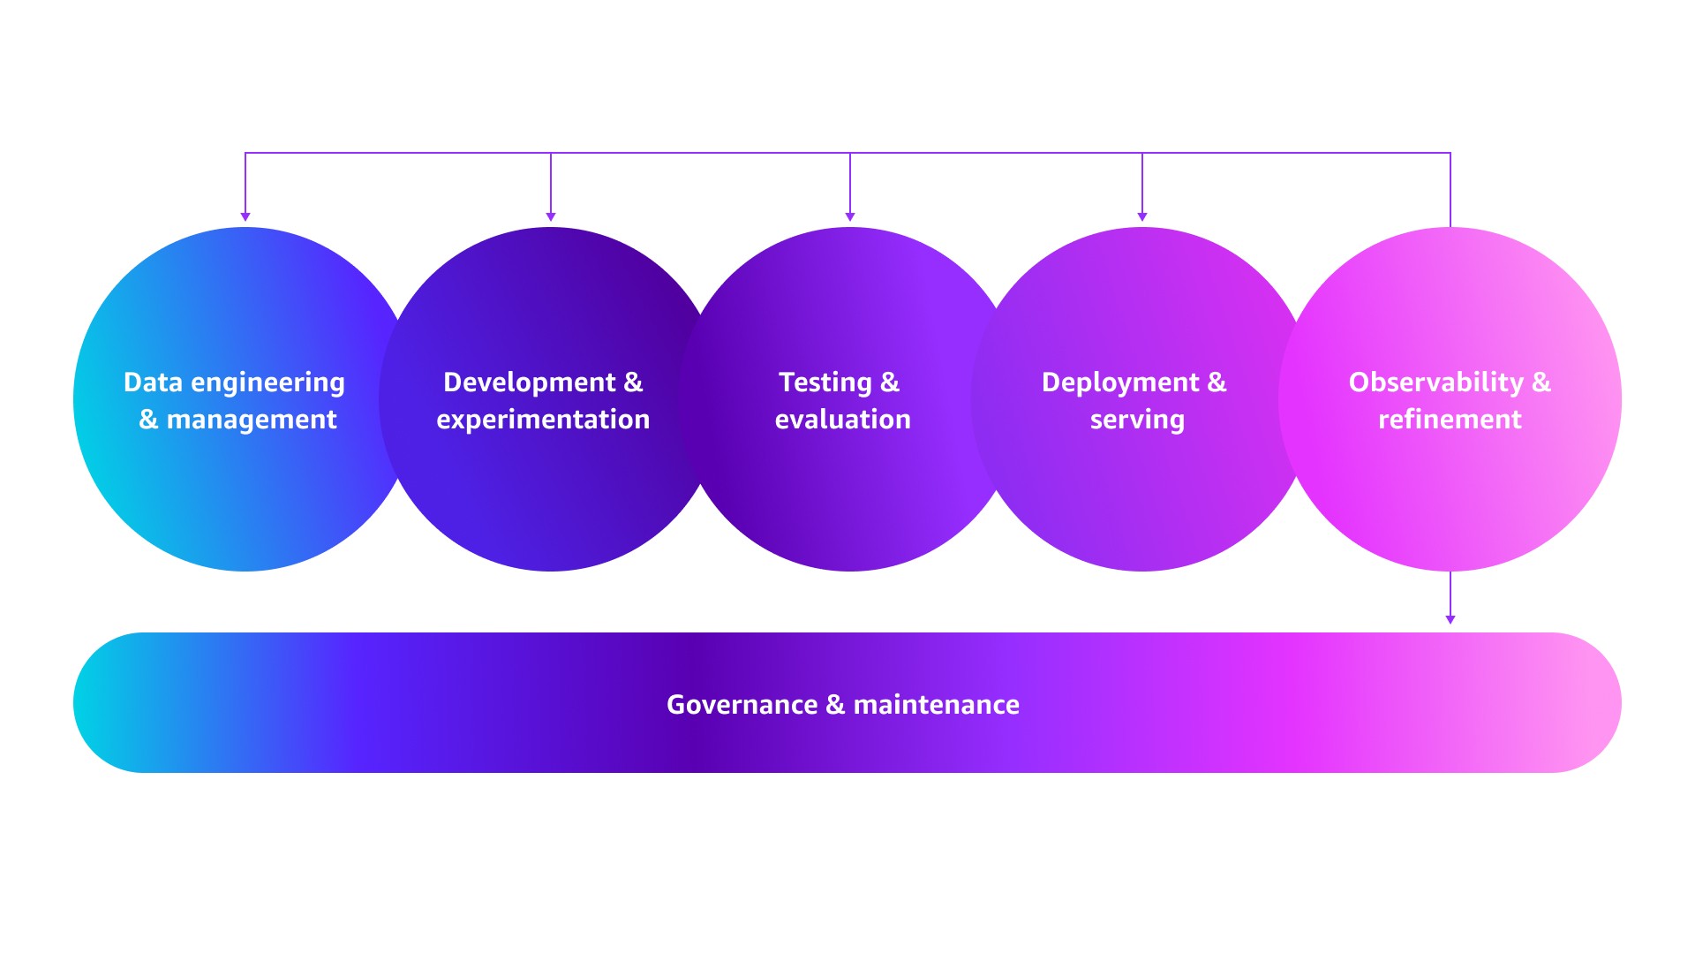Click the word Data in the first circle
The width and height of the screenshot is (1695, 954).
153,382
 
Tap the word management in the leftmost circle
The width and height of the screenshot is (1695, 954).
252,420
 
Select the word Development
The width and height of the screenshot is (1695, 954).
529,382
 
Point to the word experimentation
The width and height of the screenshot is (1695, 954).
543,420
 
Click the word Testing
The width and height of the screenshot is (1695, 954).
825,382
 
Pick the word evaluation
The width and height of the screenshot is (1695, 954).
842,420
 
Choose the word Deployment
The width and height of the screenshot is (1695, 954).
1120,382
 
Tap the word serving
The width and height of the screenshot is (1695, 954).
1137,420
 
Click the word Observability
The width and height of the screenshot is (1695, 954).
1435,382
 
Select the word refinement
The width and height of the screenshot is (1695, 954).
1450,420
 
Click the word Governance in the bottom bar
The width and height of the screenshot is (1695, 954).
742,705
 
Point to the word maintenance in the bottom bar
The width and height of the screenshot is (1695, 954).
936,705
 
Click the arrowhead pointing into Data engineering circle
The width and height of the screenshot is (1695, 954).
245,216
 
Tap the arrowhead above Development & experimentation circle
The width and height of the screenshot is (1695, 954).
551,216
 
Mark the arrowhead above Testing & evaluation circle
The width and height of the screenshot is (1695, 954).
850,216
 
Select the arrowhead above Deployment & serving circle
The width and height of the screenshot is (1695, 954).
1142,216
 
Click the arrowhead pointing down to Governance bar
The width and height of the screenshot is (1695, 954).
1450,620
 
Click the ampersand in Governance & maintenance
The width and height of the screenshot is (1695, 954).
835,705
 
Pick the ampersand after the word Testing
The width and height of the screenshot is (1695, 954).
890,382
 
